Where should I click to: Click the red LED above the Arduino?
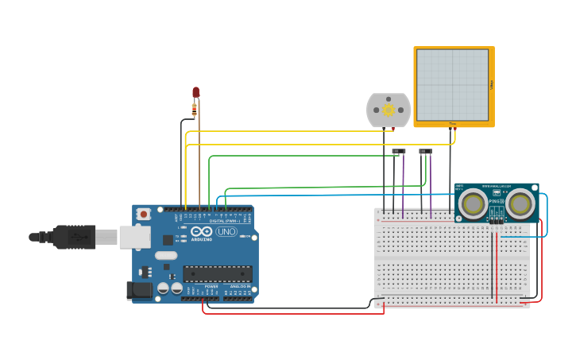coord(195,92)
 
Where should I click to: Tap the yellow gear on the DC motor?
coord(389,110)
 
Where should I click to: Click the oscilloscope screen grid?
coord(452,84)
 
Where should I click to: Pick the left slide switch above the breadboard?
coord(398,151)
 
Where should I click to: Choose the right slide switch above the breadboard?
coord(425,151)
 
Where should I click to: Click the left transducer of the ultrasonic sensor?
coord(473,203)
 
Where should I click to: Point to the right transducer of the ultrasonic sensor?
coord(520,203)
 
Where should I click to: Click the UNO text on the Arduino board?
coord(226,232)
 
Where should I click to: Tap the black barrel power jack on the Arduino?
coord(140,290)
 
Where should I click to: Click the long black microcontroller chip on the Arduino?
coord(218,273)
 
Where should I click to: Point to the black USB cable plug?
coord(75,237)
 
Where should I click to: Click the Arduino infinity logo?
coord(202,231)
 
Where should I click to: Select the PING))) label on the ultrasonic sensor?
coord(497,202)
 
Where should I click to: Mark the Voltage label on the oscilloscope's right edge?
coord(492,84)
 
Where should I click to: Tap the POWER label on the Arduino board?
coord(211,287)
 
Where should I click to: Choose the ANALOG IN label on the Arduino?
coord(240,287)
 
